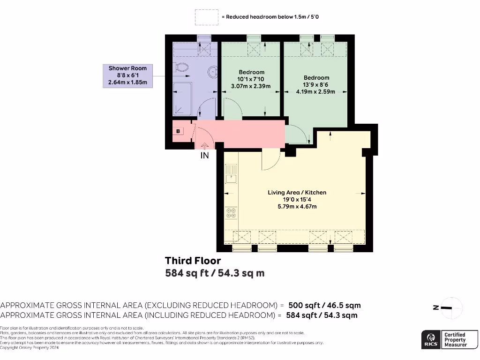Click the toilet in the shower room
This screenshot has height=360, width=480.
[x=183, y=68]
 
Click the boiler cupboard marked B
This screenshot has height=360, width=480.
[x=179, y=132]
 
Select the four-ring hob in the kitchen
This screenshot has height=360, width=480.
[x=231, y=213]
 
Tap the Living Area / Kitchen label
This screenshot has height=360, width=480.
[x=297, y=193]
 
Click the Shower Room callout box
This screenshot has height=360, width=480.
[x=127, y=75]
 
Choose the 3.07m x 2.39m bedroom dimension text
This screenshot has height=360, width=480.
[x=251, y=86]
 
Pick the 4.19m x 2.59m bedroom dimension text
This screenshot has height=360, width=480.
[x=315, y=91]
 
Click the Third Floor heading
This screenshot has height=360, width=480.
[x=193, y=261]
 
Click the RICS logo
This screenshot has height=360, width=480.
[x=430, y=339]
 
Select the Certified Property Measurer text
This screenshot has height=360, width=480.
[x=455, y=339]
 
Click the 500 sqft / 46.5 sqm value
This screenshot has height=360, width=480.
[x=324, y=305]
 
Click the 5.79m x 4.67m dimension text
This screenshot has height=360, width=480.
[x=297, y=206]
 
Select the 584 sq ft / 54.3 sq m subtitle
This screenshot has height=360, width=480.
[x=215, y=273]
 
